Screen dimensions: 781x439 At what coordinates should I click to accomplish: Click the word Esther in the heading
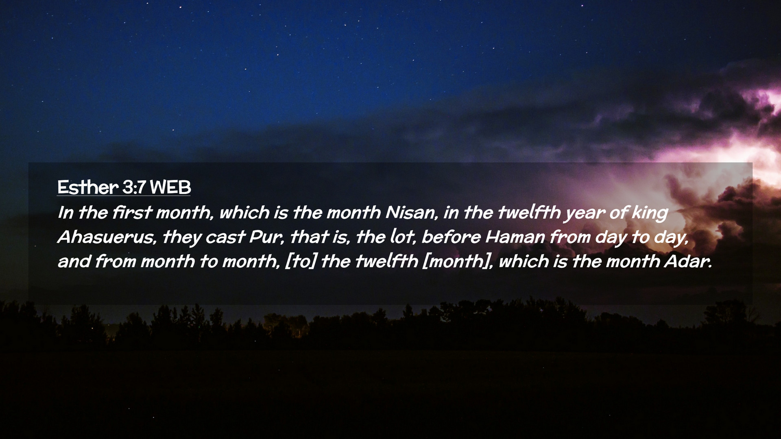(x=88, y=187)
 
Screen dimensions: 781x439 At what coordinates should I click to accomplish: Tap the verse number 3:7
(x=134, y=187)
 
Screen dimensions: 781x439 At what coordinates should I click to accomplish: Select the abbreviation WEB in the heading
(x=170, y=187)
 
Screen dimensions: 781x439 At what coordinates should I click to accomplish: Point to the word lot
(x=402, y=237)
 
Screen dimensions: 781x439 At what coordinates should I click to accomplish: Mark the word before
(x=451, y=237)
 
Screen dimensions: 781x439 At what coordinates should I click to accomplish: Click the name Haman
(x=515, y=237)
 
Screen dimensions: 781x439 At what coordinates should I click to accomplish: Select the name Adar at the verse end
(x=688, y=261)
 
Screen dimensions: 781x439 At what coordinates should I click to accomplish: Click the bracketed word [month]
(x=458, y=261)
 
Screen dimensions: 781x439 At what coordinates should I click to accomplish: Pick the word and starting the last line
(x=74, y=261)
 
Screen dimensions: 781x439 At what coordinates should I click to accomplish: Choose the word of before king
(x=618, y=213)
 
